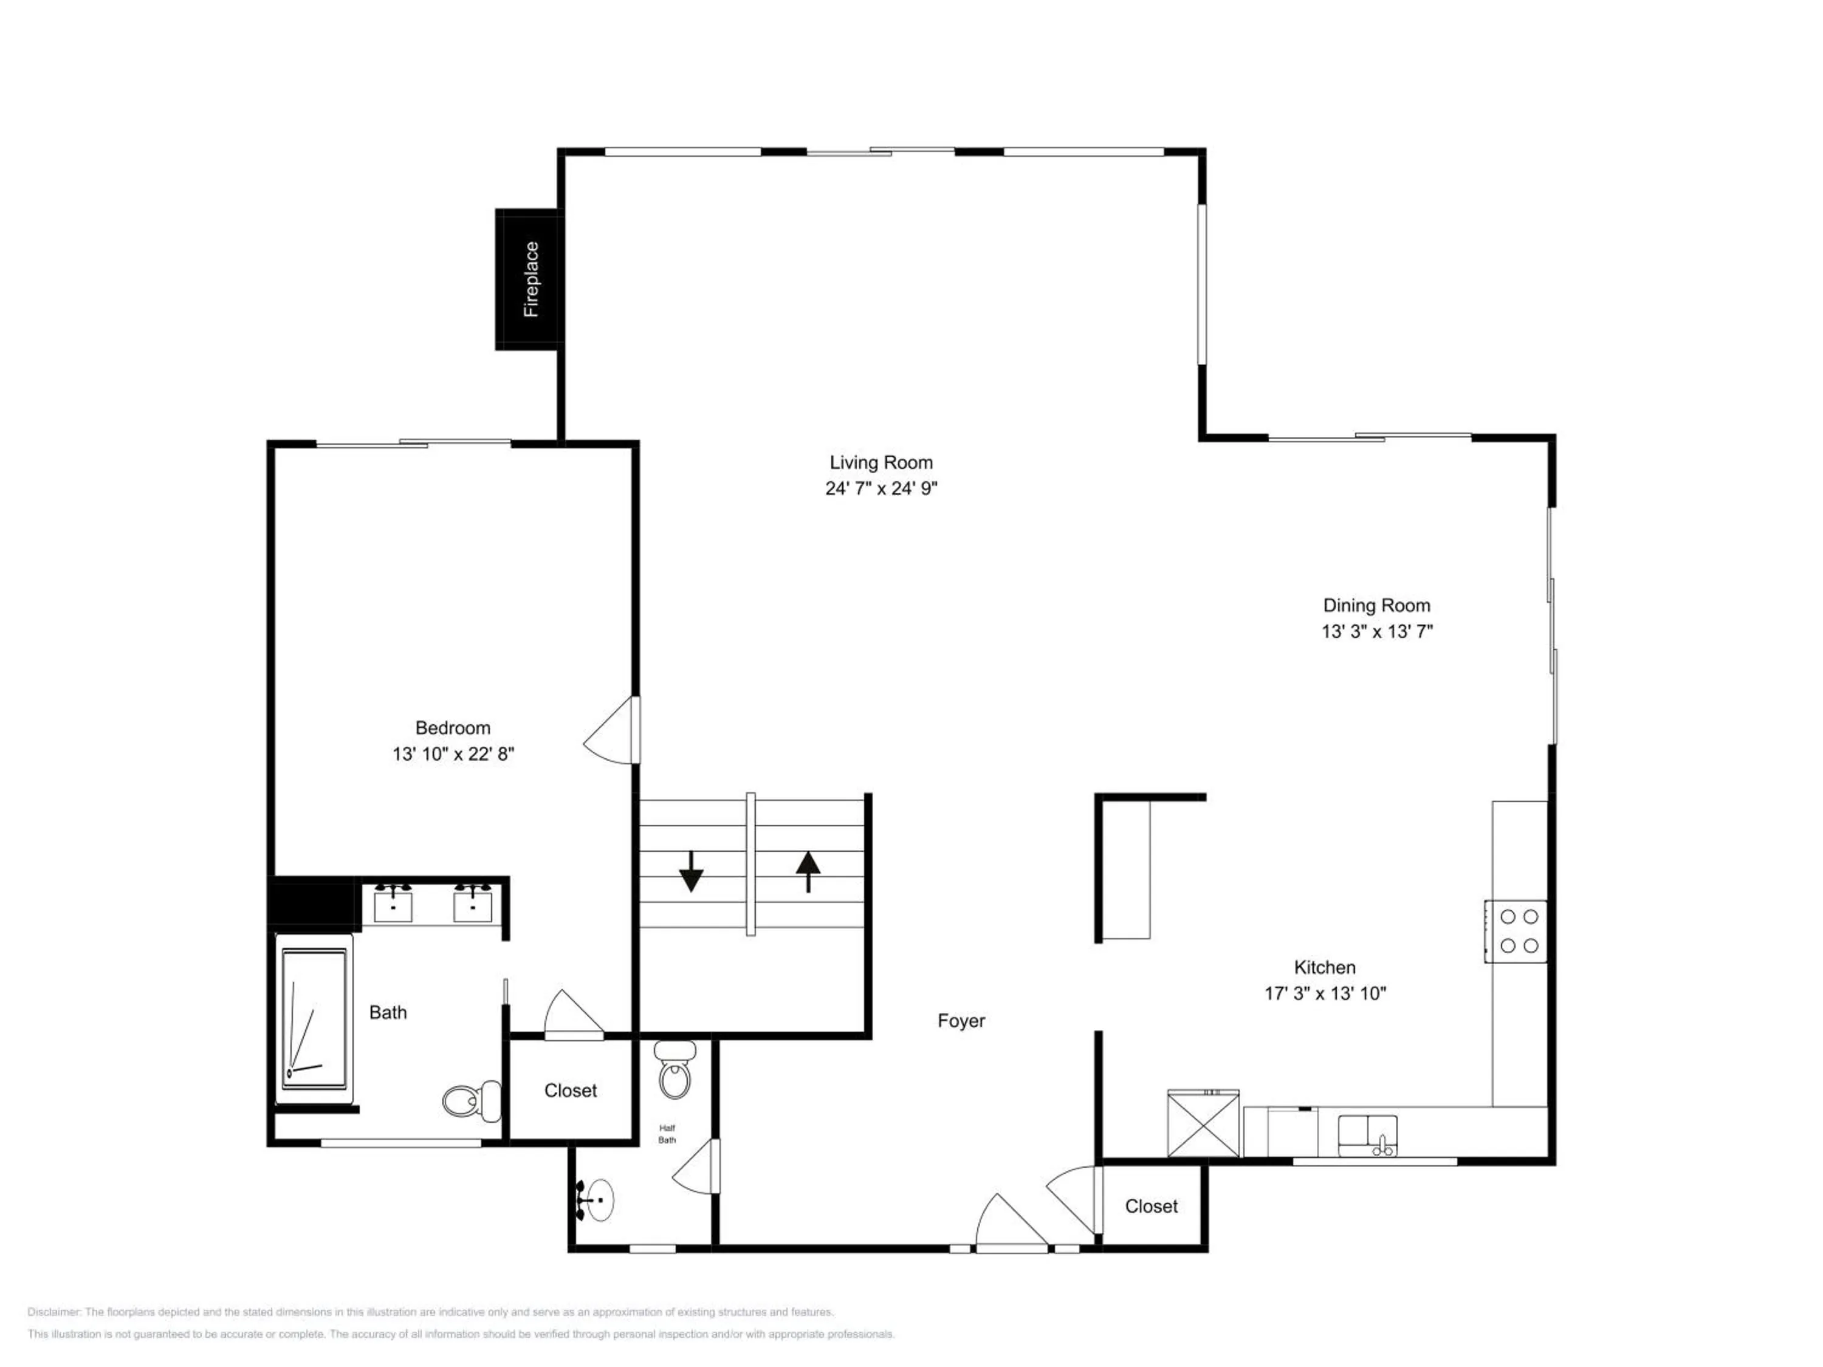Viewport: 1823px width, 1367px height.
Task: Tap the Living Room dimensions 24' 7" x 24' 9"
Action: point(881,488)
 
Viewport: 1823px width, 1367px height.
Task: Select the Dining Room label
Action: point(1376,606)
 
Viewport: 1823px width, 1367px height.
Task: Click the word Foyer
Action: point(961,1021)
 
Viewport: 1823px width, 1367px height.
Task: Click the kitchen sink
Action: point(1367,1135)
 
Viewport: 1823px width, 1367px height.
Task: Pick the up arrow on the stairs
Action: point(808,872)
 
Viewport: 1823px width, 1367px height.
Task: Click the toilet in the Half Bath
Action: point(675,1069)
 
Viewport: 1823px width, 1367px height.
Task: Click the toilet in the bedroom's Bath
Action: point(472,1101)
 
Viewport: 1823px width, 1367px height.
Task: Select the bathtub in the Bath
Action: point(314,1019)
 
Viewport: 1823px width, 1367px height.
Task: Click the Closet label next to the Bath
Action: point(571,1091)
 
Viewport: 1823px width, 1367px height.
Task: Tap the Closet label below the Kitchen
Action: point(1152,1207)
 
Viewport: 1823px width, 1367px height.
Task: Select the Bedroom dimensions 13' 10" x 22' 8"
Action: point(453,754)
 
